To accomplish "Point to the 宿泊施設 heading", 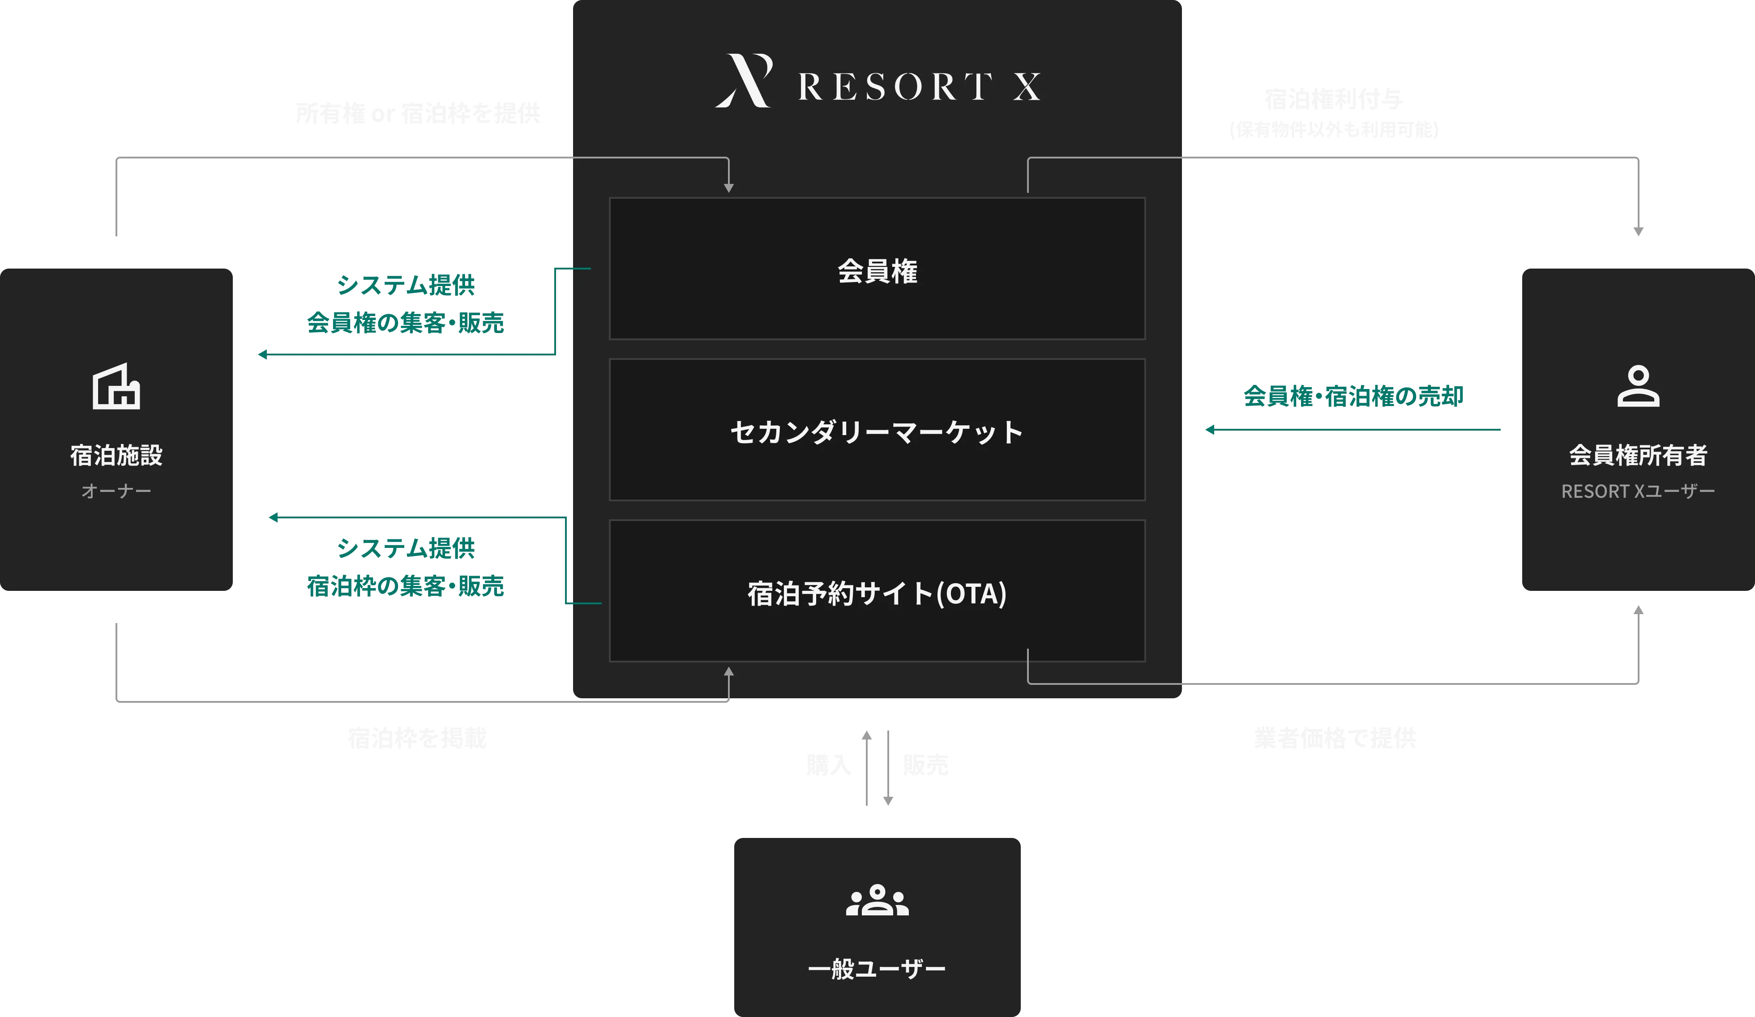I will point(116,455).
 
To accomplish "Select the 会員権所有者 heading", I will point(1638,455).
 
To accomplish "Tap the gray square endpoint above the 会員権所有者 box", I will point(1638,231).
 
